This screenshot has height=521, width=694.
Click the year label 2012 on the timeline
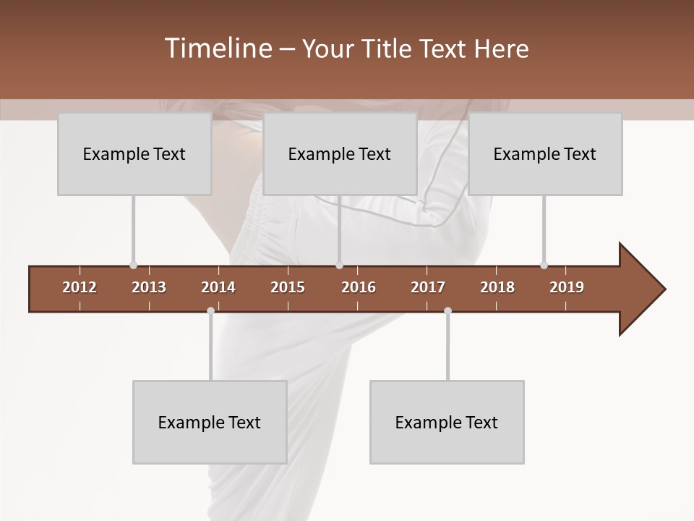(80, 287)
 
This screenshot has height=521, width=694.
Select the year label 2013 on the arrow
(149, 287)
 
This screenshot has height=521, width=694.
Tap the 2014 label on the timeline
(218, 287)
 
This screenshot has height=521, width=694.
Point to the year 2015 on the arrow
(288, 287)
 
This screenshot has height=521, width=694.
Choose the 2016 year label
(359, 287)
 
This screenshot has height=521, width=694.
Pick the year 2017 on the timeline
(428, 287)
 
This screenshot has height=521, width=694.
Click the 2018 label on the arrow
(497, 287)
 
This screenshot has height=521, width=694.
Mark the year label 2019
(567, 287)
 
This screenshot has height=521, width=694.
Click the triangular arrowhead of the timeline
(641, 289)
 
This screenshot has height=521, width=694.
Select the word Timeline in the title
(218, 48)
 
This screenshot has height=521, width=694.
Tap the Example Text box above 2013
(134, 153)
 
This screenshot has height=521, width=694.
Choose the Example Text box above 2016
(340, 153)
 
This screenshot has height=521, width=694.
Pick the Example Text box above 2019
(545, 153)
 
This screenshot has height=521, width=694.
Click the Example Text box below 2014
(210, 422)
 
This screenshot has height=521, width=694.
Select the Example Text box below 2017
(447, 422)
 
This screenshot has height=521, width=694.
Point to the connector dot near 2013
(133, 266)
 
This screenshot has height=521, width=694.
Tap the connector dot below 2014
(210, 310)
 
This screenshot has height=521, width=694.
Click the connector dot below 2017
(447, 310)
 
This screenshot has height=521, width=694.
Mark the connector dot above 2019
(544, 266)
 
